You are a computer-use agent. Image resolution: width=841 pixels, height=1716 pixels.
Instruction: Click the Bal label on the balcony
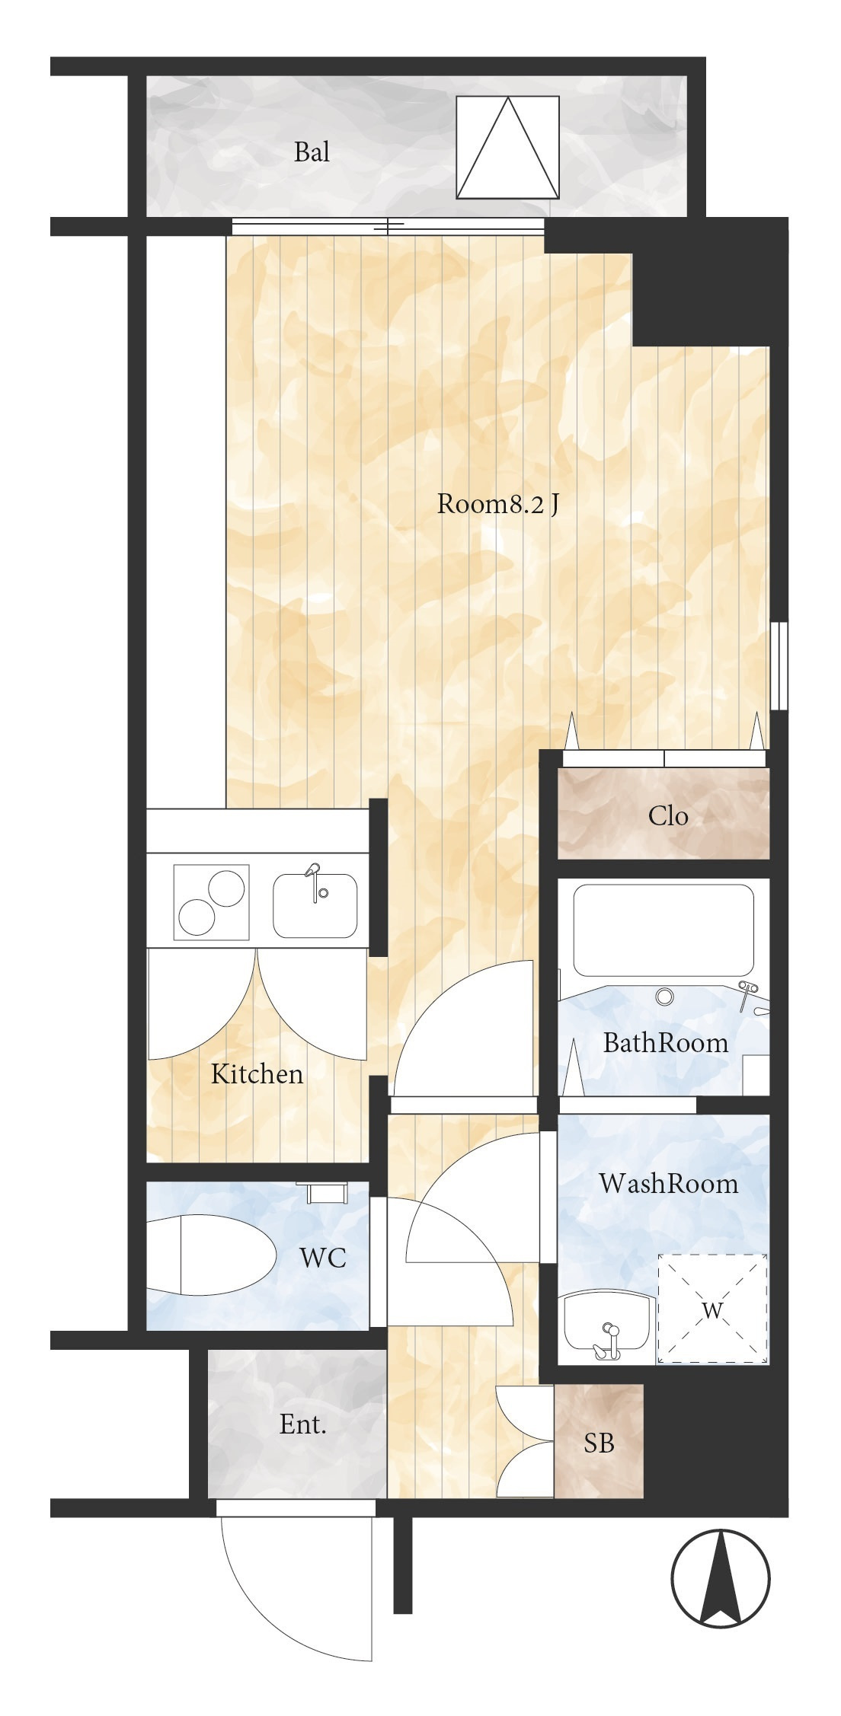(x=312, y=152)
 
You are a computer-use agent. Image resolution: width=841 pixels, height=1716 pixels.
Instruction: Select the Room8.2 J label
(x=498, y=503)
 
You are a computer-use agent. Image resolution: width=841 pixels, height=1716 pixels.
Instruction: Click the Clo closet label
(x=668, y=816)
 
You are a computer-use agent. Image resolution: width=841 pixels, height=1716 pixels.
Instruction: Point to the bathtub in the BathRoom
(x=664, y=930)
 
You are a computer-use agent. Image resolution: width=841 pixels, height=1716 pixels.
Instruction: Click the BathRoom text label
(x=665, y=1042)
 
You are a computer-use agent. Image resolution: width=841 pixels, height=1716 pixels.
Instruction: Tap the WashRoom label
(x=668, y=1183)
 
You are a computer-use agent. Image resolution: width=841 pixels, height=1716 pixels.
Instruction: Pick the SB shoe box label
(x=599, y=1443)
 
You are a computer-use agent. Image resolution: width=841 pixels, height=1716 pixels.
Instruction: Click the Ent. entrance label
(x=303, y=1424)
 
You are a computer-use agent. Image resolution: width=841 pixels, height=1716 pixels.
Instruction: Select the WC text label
(x=323, y=1258)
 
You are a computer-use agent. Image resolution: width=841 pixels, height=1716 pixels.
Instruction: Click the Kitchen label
(x=257, y=1073)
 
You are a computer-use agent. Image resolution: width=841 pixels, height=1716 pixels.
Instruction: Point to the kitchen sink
(x=315, y=905)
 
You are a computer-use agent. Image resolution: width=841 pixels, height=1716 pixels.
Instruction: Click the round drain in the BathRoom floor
(x=665, y=997)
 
